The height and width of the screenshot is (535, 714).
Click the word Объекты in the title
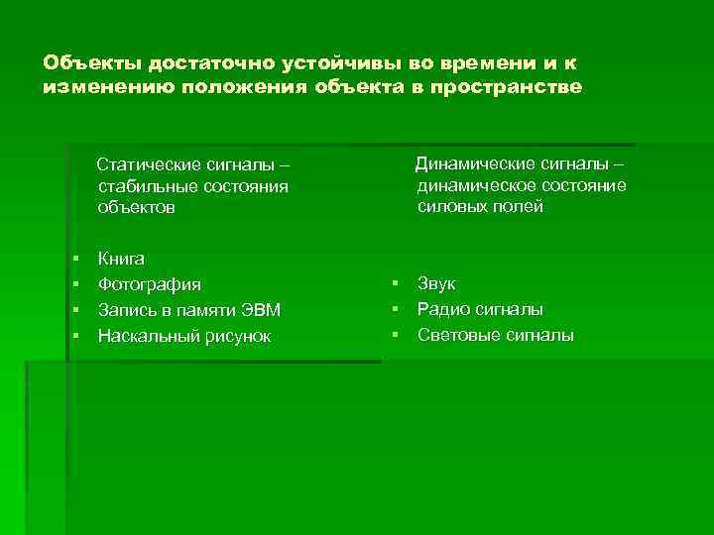coord(92,62)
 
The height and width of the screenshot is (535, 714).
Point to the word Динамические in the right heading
coord(470,163)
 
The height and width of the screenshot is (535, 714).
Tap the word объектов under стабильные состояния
coord(136,208)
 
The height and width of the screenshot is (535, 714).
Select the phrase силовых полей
coord(480,207)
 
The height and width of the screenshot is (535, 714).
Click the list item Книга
coord(121,259)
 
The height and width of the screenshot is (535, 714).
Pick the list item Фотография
coord(149,284)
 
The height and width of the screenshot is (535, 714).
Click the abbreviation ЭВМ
coord(262,310)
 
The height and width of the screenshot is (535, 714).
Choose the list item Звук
coord(436,284)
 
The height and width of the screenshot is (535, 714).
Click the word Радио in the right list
coord(441,310)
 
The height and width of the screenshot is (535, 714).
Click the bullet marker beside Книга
coord(76,259)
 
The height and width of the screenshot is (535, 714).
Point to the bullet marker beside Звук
coord(396,284)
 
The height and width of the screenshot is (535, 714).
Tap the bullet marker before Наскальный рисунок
coord(76,336)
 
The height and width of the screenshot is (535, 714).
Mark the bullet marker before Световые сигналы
coord(396,336)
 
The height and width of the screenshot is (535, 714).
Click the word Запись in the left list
coord(125,310)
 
